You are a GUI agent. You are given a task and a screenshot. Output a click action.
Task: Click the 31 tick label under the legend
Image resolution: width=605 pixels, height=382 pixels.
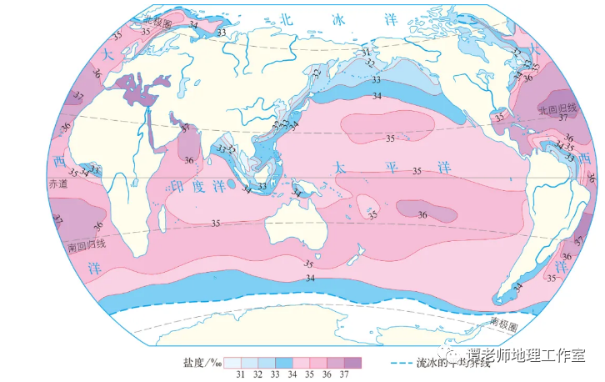coord(239,375)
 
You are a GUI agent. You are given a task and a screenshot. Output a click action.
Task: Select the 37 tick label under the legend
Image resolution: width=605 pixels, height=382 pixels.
coord(342,375)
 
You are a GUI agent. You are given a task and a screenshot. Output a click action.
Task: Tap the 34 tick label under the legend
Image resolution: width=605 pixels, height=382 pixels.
coord(291,375)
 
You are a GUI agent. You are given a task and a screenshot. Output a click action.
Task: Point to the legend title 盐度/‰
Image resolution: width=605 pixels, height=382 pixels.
coord(201,363)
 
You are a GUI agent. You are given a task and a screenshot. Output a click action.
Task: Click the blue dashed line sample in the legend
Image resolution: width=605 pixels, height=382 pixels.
coord(408,364)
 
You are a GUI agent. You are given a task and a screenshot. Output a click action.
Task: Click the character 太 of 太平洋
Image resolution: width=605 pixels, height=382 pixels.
coord(340,165)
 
